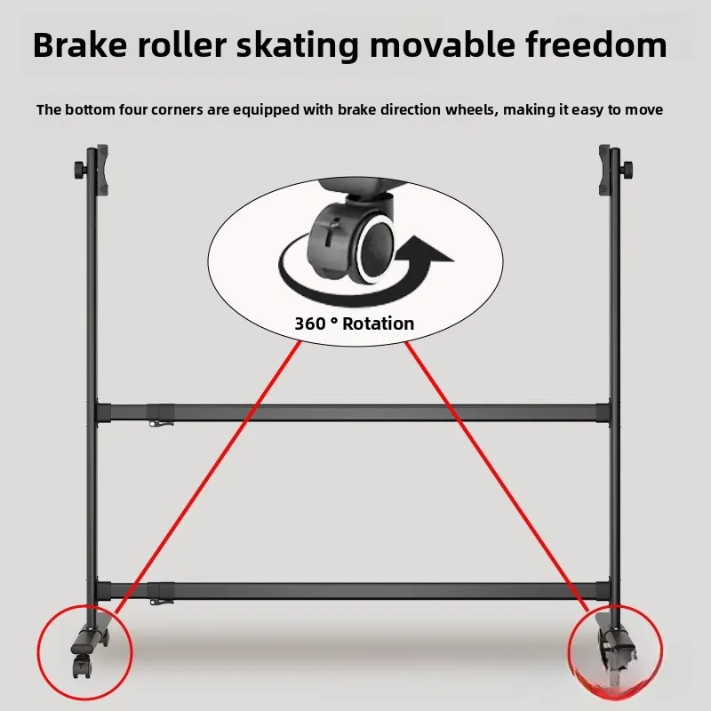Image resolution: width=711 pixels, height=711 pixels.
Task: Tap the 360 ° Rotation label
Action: pos(354,324)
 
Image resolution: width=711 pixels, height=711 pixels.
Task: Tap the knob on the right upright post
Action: pos(629,169)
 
